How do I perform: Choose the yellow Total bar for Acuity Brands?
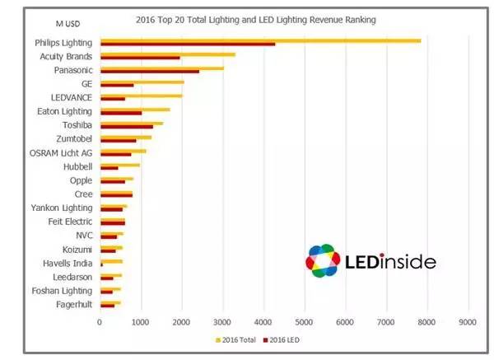pos(168,54)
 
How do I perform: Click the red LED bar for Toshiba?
pos(127,127)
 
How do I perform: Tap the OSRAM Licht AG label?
pos(61,152)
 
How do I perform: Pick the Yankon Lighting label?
pos(62,208)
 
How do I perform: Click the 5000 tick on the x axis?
pos(305,322)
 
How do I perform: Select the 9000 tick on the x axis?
pos(468,322)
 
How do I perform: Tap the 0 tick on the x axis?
pos(100,322)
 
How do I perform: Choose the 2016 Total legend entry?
pos(238,339)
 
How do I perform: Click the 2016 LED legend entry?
pos(283,339)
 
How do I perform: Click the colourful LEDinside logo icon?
pos(323,260)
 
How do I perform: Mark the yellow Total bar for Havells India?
pos(111,260)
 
